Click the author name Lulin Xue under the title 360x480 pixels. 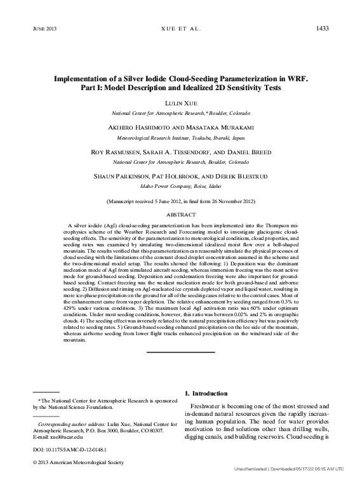181,101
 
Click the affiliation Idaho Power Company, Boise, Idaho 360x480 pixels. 180,187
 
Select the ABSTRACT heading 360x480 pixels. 180,215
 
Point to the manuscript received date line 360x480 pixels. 180,201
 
